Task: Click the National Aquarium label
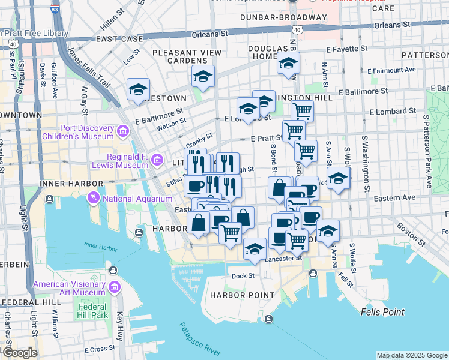137,199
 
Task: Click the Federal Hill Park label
92,311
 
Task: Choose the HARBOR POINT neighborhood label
242,295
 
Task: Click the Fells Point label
383,312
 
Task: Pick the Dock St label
243,276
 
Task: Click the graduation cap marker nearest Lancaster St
255,248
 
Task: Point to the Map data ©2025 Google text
411,355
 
